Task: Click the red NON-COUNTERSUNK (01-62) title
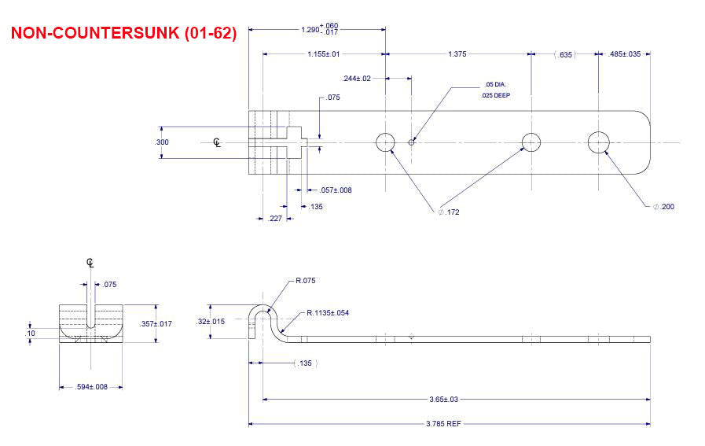click(x=123, y=34)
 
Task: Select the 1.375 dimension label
click(x=457, y=54)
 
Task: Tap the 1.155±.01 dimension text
click(x=323, y=54)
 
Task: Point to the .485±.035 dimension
click(x=625, y=54)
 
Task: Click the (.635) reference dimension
click(x=564, y=54)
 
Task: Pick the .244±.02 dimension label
click(x=357, y=78)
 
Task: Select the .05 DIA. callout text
click(x=494, y=84)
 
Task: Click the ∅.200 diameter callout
click(x=663, y=206)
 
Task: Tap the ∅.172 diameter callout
click(x=449, y=212)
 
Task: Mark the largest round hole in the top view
click(x=599, y=142)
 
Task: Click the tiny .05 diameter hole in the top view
click(x=411, y=142)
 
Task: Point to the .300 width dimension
click(x=161, y=142)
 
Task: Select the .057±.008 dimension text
click(x=336, y=190)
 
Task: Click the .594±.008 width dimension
click(x=92, y=386)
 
